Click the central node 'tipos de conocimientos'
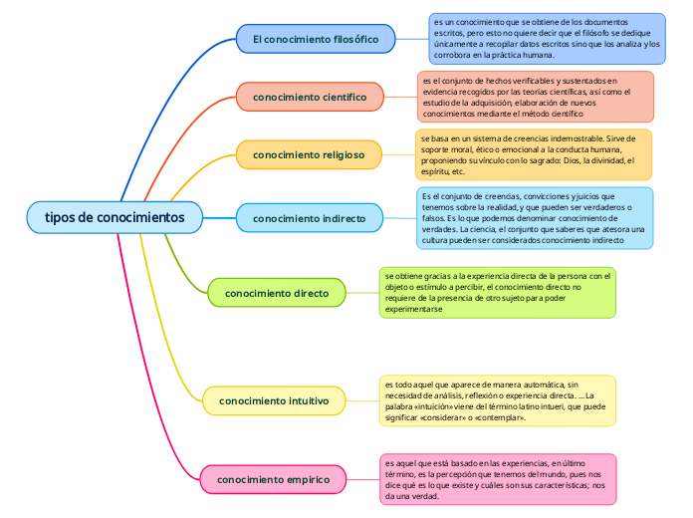[x=115, y=216]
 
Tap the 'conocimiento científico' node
[x=309, y=97]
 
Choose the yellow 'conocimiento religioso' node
[x=309, y=154]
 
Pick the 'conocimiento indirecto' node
[x=309, y=218]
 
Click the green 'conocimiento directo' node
[x=276, y=293]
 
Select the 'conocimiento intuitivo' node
[x=274, y=401]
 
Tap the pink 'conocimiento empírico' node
[x=273, y=480]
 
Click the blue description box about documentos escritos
[x=547, y=38]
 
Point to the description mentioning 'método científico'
[x=536, y=97]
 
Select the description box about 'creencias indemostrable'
[x=534, y=154]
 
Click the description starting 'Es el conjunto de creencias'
[x=534, y=218]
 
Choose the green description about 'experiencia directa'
[x=498, y=292]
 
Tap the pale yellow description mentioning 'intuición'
[x=498, y=400]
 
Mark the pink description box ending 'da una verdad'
[x=498, y=479]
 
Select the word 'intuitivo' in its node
[x=305, y=401]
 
